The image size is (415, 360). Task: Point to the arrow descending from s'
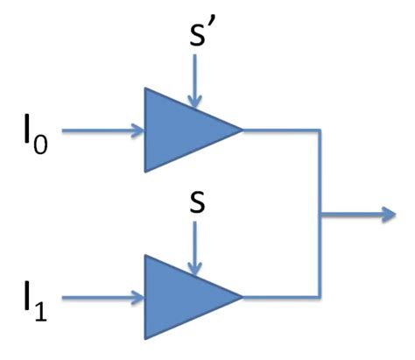[195, 84]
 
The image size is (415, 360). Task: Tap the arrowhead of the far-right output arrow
[385, 214]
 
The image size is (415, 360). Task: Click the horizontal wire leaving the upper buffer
[280, 131]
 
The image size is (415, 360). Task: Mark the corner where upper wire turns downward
[321, 131]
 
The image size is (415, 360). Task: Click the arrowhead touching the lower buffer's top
[195, 268]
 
